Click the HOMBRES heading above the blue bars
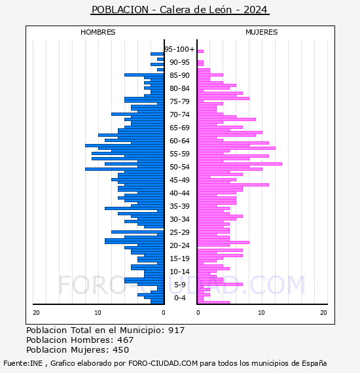tap(98, 32)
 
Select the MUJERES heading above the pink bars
tap(262, 32)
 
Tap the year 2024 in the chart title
tap(255, 10)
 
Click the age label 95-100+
tap(179, 49)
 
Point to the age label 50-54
tap(179, 167)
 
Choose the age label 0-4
tap(180, 298)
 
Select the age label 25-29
tap(179, 232)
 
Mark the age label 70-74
tap(179, 115)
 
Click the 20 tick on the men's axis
tap(36, 313)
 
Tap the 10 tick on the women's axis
tap(261, 313)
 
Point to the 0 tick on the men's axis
tap(164, 313)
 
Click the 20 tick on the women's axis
tap(323, 313)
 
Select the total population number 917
tap(176, 330)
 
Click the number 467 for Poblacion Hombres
tap(126, 340)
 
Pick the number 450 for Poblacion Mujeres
tap(121, 350)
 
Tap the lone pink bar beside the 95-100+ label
tap(200, 52)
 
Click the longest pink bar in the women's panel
tap(240, 164)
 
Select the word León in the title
tap(221, 10)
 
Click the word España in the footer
tap(314, 363)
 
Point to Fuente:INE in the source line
tap(23, 363)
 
